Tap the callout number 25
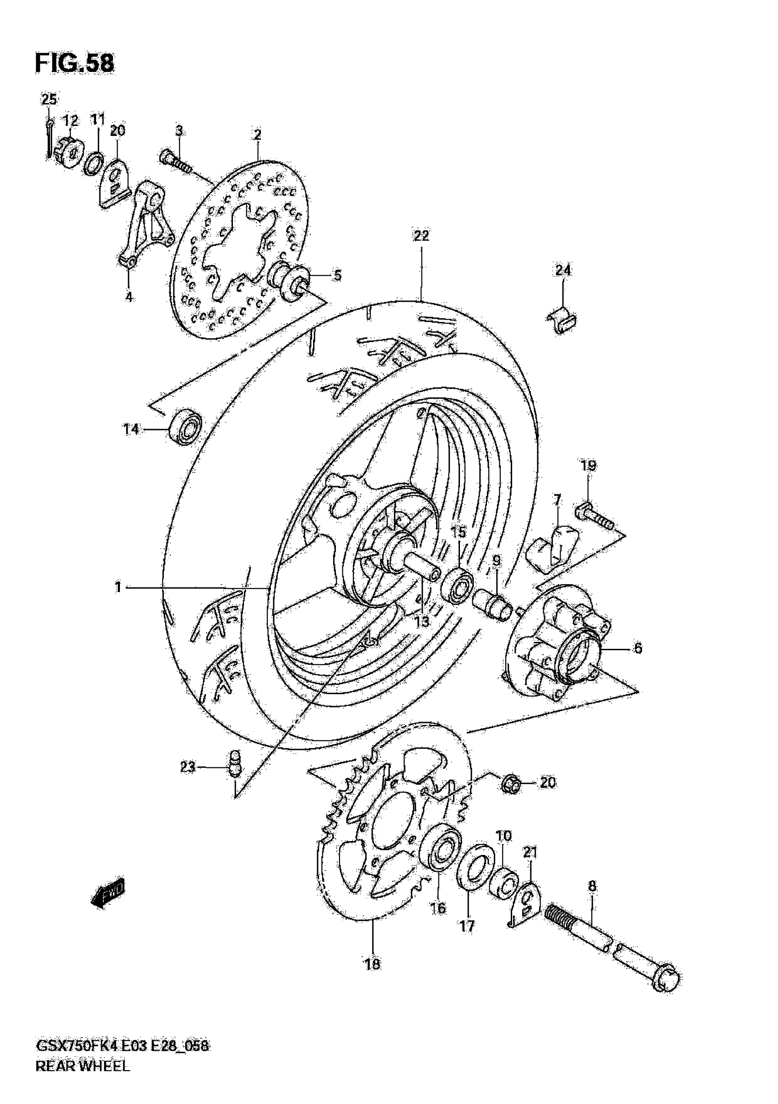(x=49, y=100)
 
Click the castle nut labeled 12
(x=69, y=152)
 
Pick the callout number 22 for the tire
(x=421, y=236)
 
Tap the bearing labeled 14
(x=185, y=424)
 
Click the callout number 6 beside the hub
(x=638, y=648)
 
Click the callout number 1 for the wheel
(x=118, y=587)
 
